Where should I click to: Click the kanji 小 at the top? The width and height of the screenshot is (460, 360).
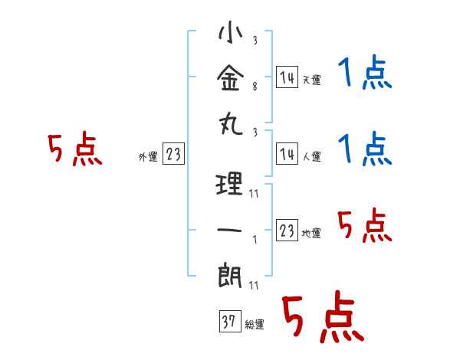(x=230, y=34)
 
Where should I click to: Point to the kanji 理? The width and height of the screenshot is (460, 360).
(x=230, y=185)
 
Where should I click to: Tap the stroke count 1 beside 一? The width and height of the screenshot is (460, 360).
(x=254, y=240)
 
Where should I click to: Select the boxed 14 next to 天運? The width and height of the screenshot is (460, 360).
(x=287, y=77)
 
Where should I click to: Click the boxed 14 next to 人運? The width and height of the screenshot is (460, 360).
(x=287, y=155)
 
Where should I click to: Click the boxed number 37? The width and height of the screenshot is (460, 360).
(x=228, y=322)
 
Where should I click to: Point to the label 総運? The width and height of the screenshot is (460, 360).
(x=255, y=324)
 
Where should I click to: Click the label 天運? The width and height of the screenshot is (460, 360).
(x=311, y=80)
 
